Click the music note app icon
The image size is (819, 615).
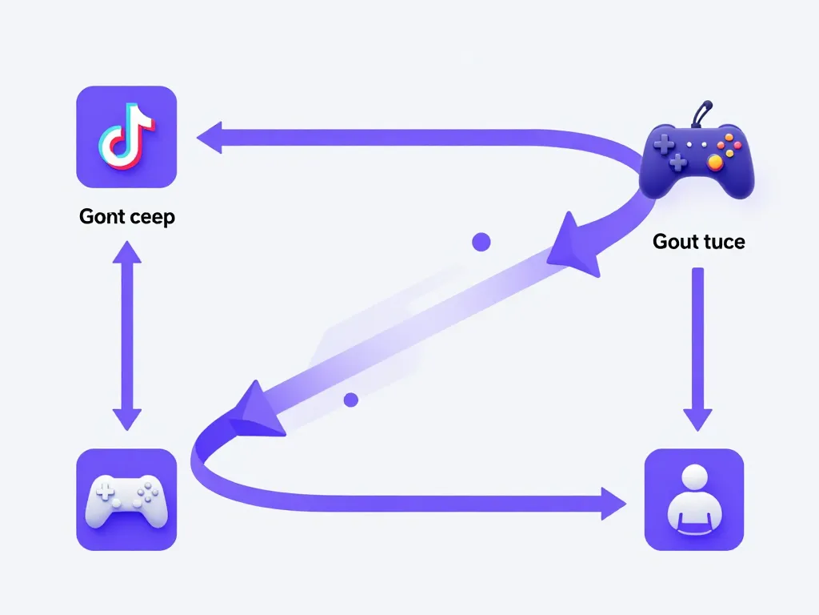coord(126,136)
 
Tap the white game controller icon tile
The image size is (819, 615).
coord(126,499)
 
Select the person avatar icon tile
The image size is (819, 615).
coord(693,499)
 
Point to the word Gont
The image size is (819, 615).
coord(102,217)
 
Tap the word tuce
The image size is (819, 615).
coord(722,241)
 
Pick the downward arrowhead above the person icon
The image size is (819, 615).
coord(697,419)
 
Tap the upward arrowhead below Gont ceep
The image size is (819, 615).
coord(126,254)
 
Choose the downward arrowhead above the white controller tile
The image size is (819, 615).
coord(126,417)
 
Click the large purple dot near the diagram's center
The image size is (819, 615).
coord(481,241)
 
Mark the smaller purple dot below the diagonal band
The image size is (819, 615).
coord(350,399)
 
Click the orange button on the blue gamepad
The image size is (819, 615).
coord(715,163)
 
